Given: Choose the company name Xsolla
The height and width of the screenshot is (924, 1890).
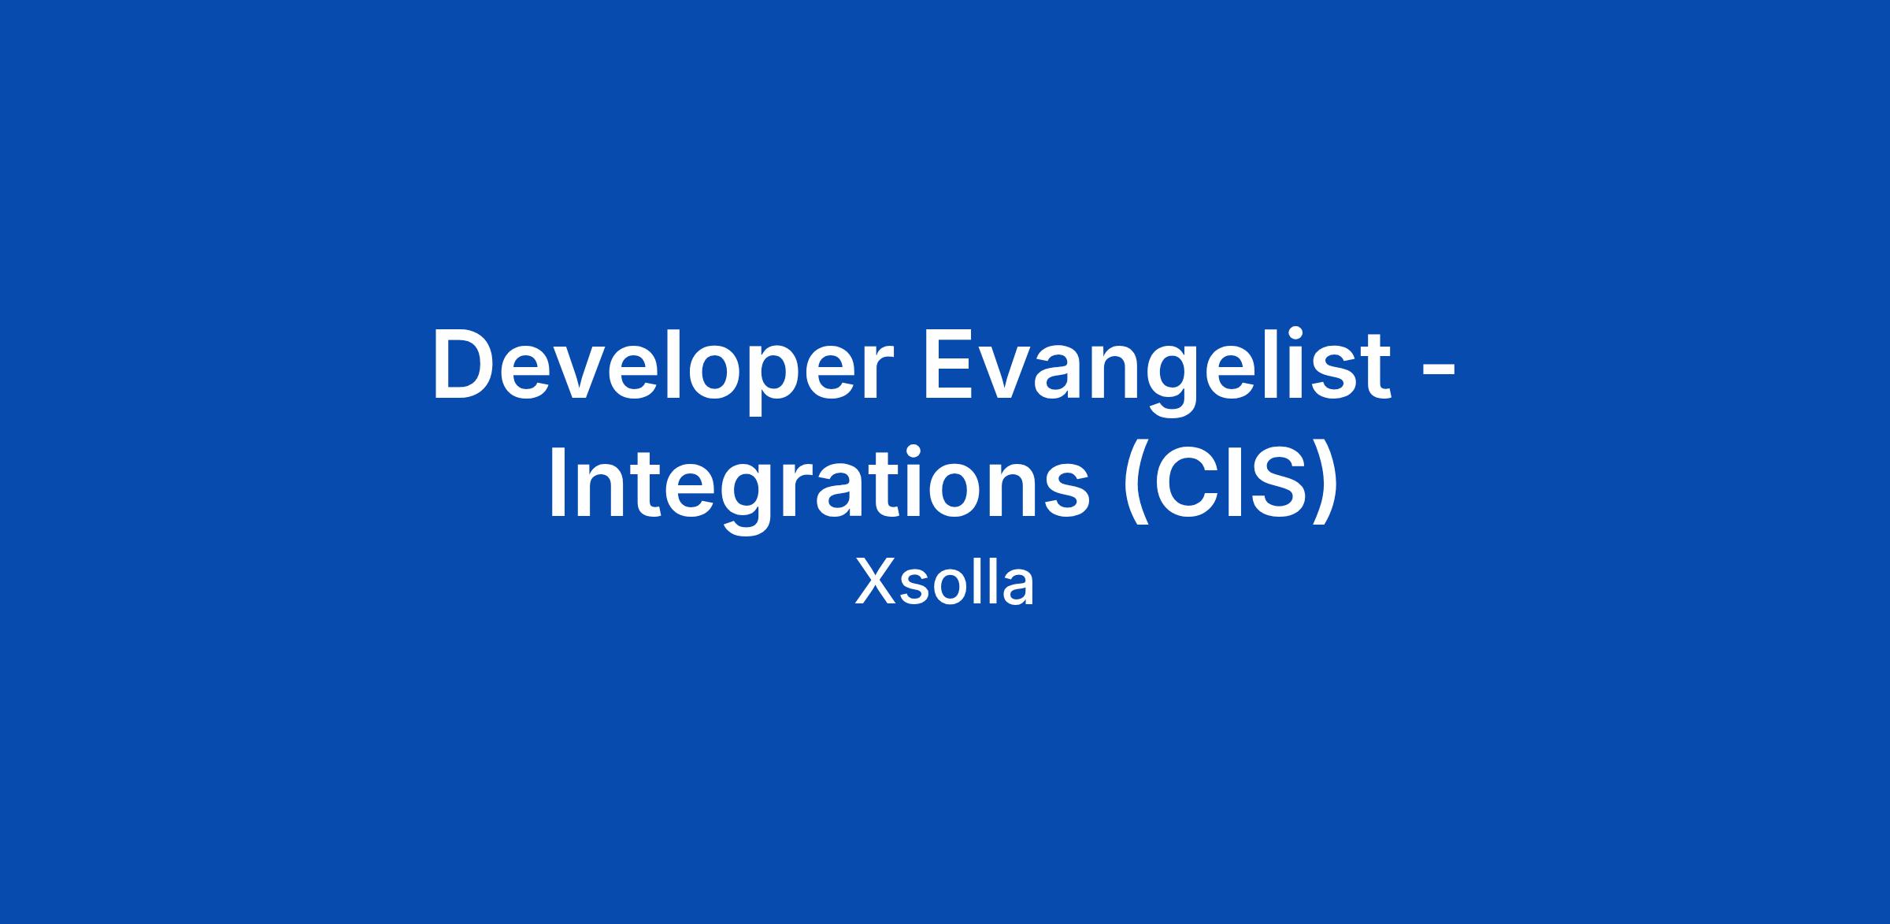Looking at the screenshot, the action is pos(944,584).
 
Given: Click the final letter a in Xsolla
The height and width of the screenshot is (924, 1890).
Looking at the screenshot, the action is pos(1017,590).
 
